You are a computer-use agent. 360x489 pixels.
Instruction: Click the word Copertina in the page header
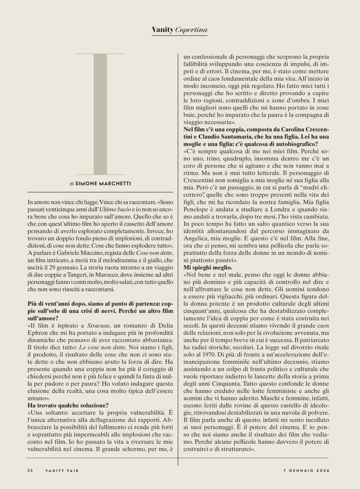pos(191,30)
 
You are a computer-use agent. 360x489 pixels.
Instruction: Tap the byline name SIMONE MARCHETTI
pos(103,183)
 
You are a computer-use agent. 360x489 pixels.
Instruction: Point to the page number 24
pos(30,470)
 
